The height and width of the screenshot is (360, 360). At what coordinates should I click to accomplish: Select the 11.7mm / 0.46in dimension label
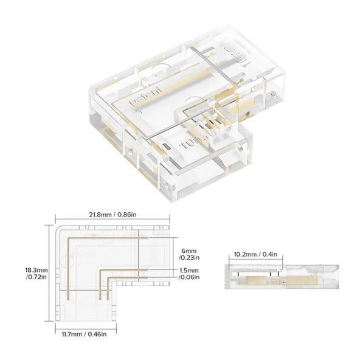(x=83, y=333)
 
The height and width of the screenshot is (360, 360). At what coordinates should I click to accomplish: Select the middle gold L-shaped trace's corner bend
(x=101, y=269)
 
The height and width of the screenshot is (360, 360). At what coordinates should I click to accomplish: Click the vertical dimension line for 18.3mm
(x=49, y=273)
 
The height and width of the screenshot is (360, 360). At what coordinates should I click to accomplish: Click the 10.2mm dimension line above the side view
(x=255, y=260)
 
